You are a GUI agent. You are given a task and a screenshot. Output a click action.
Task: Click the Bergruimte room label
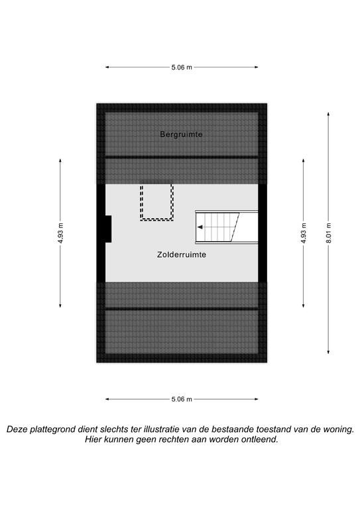click(x=181, y=135)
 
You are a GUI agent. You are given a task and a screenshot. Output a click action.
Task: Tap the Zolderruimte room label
click(x=182, y=254)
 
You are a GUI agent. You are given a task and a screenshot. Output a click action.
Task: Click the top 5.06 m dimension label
click(x=182, y=68)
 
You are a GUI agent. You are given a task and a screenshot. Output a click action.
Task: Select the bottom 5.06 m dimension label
click(x=182, y=399)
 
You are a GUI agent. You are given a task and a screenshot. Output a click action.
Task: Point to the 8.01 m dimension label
click(x=329, y=233)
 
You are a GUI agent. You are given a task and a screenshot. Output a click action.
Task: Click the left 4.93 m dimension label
click(x=60, y=233)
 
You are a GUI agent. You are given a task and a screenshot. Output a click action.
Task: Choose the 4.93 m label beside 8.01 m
click(x=304, y=233)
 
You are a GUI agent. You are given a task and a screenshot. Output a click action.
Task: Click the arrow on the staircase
click(x=201, y=227)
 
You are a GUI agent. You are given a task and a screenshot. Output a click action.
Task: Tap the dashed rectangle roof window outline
click(x=156, y=201)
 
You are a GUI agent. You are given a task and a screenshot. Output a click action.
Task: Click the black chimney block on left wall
click(x=108, y=229)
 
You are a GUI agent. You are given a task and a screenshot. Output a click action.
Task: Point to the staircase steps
click(x=217, y=227)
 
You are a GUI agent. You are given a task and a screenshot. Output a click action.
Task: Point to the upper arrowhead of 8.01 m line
click(x=329, y=114)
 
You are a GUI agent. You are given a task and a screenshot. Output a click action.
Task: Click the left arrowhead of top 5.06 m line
click(x=107, y=68)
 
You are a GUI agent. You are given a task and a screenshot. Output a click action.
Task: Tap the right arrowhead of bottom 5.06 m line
click(x=256, y=399)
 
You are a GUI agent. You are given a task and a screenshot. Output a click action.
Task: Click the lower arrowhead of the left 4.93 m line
click(x=60, y=305)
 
